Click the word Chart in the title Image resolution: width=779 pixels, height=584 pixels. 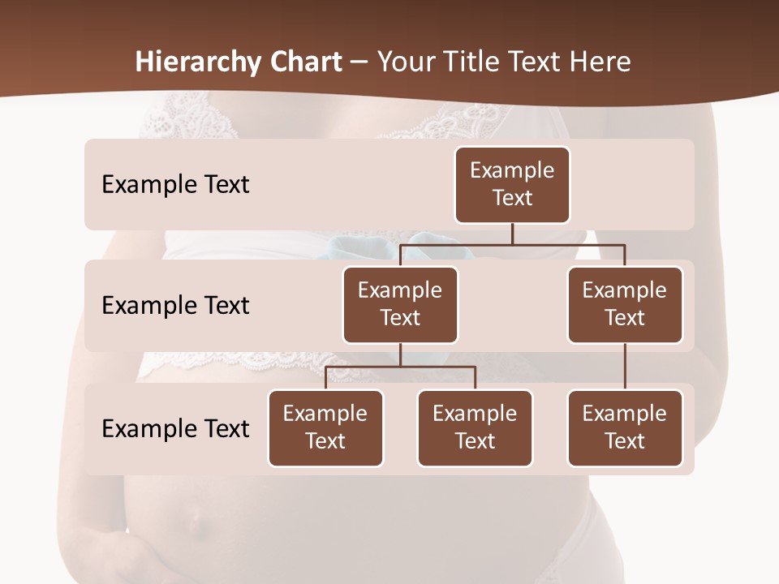pos(305,62)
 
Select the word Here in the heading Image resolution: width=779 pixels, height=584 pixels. pos(600,62)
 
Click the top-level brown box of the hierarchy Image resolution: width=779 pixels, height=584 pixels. pos(512,184)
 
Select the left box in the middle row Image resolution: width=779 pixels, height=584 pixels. pos(400,304)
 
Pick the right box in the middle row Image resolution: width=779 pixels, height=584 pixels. pos(625,304)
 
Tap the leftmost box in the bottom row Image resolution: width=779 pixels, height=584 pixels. pos(325,427)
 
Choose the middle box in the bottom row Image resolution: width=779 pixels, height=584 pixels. pos(475,427)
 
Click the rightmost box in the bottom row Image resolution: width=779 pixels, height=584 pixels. pos(625,427)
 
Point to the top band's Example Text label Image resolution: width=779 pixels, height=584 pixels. pos(175,185)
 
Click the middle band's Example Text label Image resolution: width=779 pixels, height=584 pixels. pos(175,306)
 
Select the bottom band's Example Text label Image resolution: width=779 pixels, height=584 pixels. pos(175,428)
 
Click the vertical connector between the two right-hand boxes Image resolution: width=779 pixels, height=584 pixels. pos(625,367)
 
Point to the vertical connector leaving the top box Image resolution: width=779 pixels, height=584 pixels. pos(512,234)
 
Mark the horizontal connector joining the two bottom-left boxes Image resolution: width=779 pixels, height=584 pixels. pos(400,367)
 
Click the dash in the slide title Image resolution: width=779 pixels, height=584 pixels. pos(359,62)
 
